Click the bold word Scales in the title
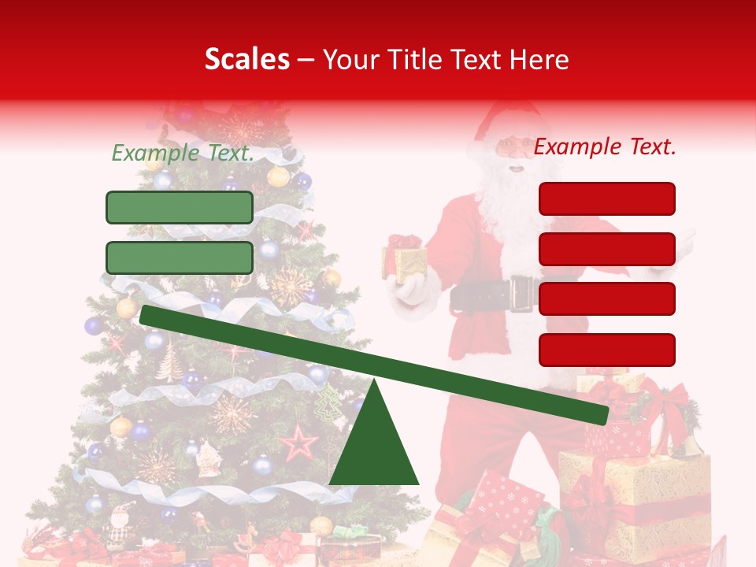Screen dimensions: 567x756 [x=246, y=59]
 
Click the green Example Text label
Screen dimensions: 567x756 [x=183, y=153]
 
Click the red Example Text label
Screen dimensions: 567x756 [x=605, y=146]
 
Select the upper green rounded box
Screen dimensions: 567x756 [x=180, y=207]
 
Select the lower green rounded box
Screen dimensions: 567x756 [x=180, y=258]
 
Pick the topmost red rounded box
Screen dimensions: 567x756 [x=606, y=198]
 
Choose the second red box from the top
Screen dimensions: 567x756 [x=606, y=249]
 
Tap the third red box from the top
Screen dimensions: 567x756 [x=606, y=298]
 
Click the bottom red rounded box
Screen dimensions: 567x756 [x=606, y=350]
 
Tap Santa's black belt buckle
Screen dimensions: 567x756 [x=521, y=294]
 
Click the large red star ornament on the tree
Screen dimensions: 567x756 [x=298, y=443]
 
